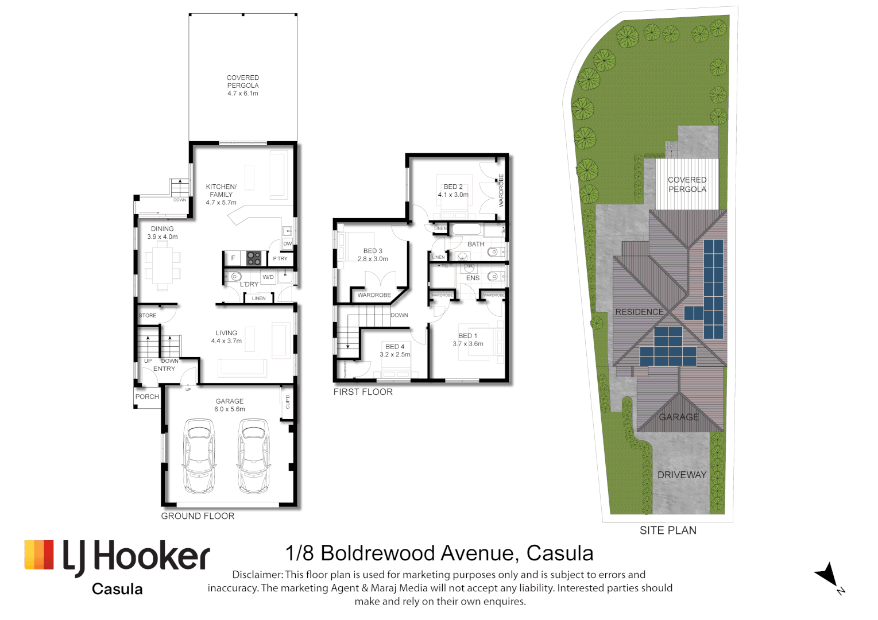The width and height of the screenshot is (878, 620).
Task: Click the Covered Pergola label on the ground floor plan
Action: [x=242, y=85]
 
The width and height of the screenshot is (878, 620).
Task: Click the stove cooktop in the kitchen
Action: [x=254, y=258]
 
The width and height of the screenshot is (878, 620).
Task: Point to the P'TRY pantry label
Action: [x=280, y=259]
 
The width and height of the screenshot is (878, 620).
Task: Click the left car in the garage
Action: [x=199, y=456]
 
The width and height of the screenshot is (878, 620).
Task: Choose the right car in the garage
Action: [x=253, y=456]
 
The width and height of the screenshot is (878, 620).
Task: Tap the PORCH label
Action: [x=147, y=397]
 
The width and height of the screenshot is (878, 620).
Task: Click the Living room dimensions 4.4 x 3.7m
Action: [x=226, y=341]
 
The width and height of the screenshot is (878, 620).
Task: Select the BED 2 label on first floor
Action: [x=453, y=187]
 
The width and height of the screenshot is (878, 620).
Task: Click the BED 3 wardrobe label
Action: [x=374, y=295]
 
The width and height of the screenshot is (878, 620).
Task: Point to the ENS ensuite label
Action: [x=473, y=278]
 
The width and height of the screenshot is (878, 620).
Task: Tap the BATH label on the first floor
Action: [x=475, y=244]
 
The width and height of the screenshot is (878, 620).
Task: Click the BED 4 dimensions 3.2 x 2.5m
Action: [x=395, y=355]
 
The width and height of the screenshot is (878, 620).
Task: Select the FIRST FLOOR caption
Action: [x=363, y=392]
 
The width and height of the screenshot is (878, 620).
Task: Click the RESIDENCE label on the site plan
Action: [x=639, y=312]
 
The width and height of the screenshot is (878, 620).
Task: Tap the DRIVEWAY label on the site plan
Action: [x=682, y=475]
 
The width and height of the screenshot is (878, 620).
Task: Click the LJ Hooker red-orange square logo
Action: [x=39, y=555]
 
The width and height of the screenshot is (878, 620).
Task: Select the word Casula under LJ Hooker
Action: [x=117, y=590]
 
